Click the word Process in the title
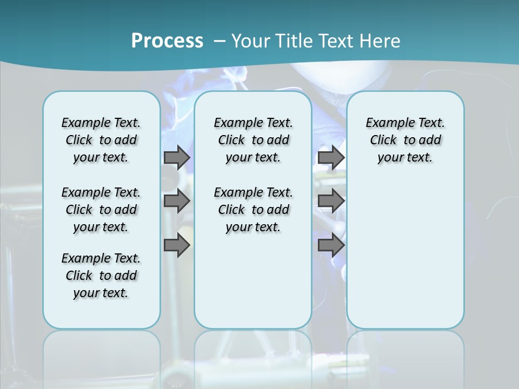(167, 41)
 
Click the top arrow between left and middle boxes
(177, 157)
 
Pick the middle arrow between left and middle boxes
(177, 201)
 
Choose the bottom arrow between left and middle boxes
(177, 245)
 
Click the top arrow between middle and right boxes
(331, 157)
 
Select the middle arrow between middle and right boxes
(331, 201)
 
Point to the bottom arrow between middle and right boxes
(331, 245)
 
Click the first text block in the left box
(101, 140)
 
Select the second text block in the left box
(101, 210)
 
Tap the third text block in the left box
(101, 276)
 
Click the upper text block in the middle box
(253, 140)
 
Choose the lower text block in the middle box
(253, 210)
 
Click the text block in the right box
(405, 140)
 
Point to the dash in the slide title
(219, 41)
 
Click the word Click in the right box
(383, 140)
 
